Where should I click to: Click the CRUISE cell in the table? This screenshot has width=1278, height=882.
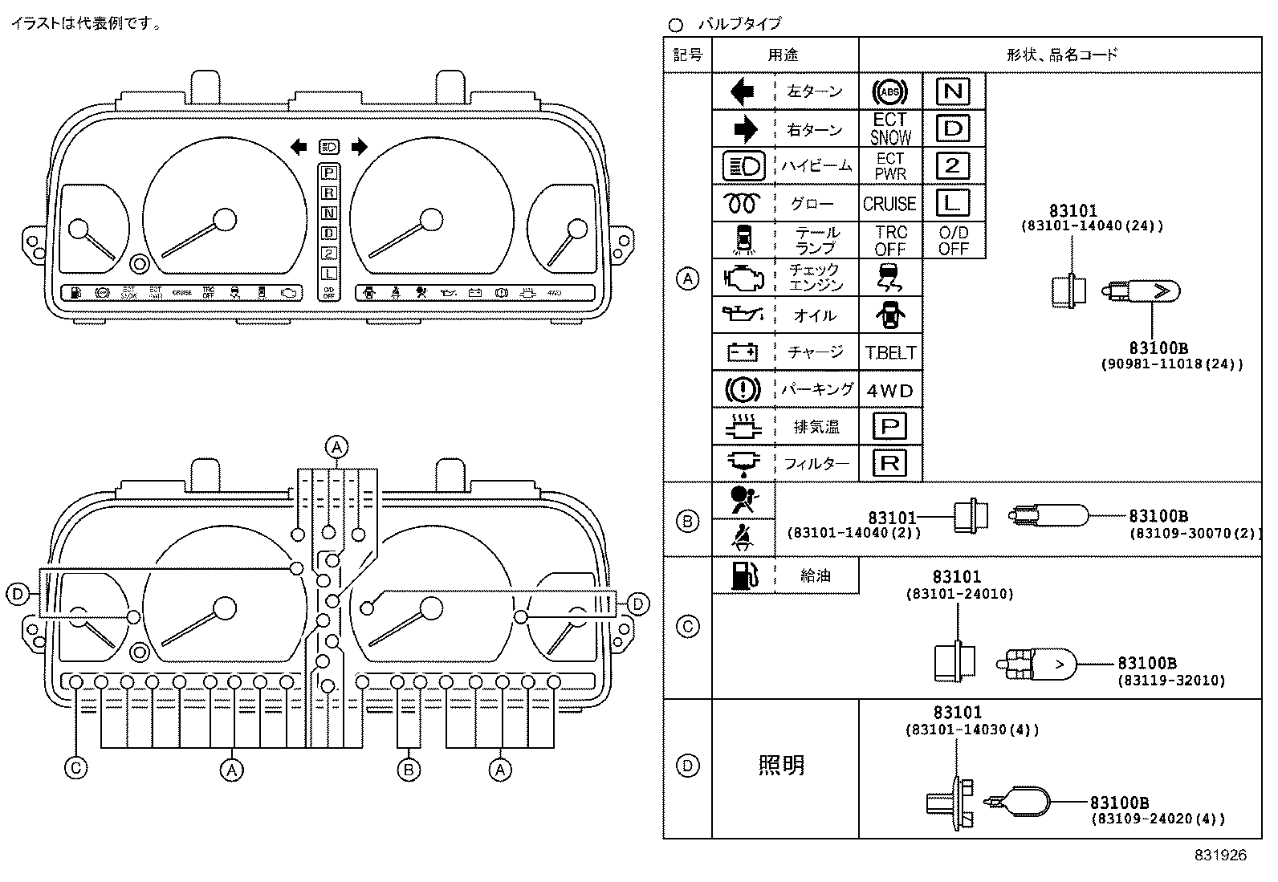click(889, 204)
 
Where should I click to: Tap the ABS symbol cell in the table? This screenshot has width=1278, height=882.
click(889, 93)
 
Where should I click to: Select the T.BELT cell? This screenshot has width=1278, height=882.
click(890, 352)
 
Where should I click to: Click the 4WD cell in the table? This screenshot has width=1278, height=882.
click(890, 391)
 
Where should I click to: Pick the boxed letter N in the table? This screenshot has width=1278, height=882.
click(953, 91)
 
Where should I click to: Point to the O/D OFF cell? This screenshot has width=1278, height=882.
click(953, 240)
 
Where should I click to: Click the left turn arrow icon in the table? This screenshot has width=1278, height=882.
click(742, 92)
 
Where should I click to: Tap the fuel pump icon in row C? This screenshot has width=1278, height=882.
click(743, 575)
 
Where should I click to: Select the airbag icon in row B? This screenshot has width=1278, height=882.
click(743, 500)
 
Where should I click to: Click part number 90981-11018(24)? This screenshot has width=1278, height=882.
click(1171, 364)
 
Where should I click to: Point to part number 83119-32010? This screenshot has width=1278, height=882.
click(1171, 681)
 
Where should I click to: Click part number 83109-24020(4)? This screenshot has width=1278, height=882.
click(1157, 819)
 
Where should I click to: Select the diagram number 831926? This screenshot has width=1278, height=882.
click(1219, 856)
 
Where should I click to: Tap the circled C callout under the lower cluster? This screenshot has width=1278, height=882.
click(75, 768)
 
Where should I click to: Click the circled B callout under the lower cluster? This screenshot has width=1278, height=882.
click(409, 770)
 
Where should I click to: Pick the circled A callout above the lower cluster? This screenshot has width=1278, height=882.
click(337, 446)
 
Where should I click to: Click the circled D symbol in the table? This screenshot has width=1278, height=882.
click(687, 766)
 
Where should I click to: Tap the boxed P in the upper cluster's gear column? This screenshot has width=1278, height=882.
click(328, 172)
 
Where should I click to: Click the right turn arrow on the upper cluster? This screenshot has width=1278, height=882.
click(359, 146)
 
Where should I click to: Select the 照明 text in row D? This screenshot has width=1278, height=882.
click(781, 766)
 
